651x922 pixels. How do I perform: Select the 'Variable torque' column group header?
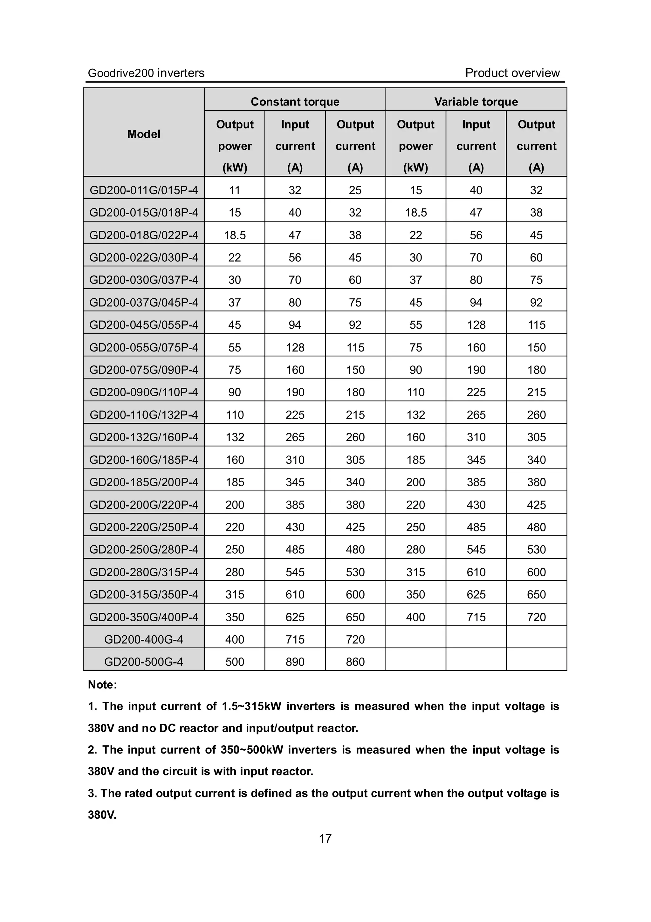[x=476, y=102]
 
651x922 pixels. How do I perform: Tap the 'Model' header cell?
[x=144, y=134]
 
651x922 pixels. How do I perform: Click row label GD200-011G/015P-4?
[x=144, y=190]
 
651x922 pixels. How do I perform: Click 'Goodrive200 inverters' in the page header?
[x=146, y=73]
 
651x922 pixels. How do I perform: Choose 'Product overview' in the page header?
[x=512, y=73]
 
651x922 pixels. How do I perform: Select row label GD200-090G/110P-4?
[x=144, y=392]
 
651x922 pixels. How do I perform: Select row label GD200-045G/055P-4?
[x=144, y=324]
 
